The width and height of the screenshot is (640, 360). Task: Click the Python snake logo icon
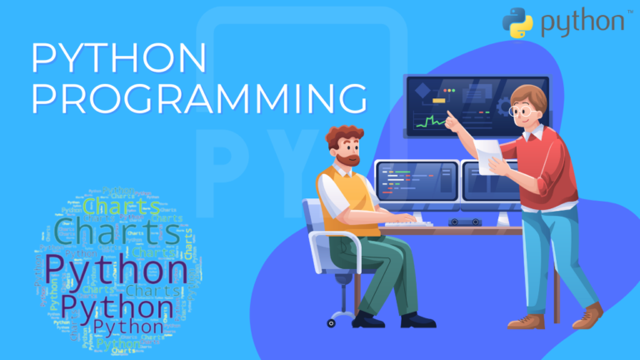click(x=517, y=23)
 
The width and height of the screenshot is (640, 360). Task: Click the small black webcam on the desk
click(x=466, y=222)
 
